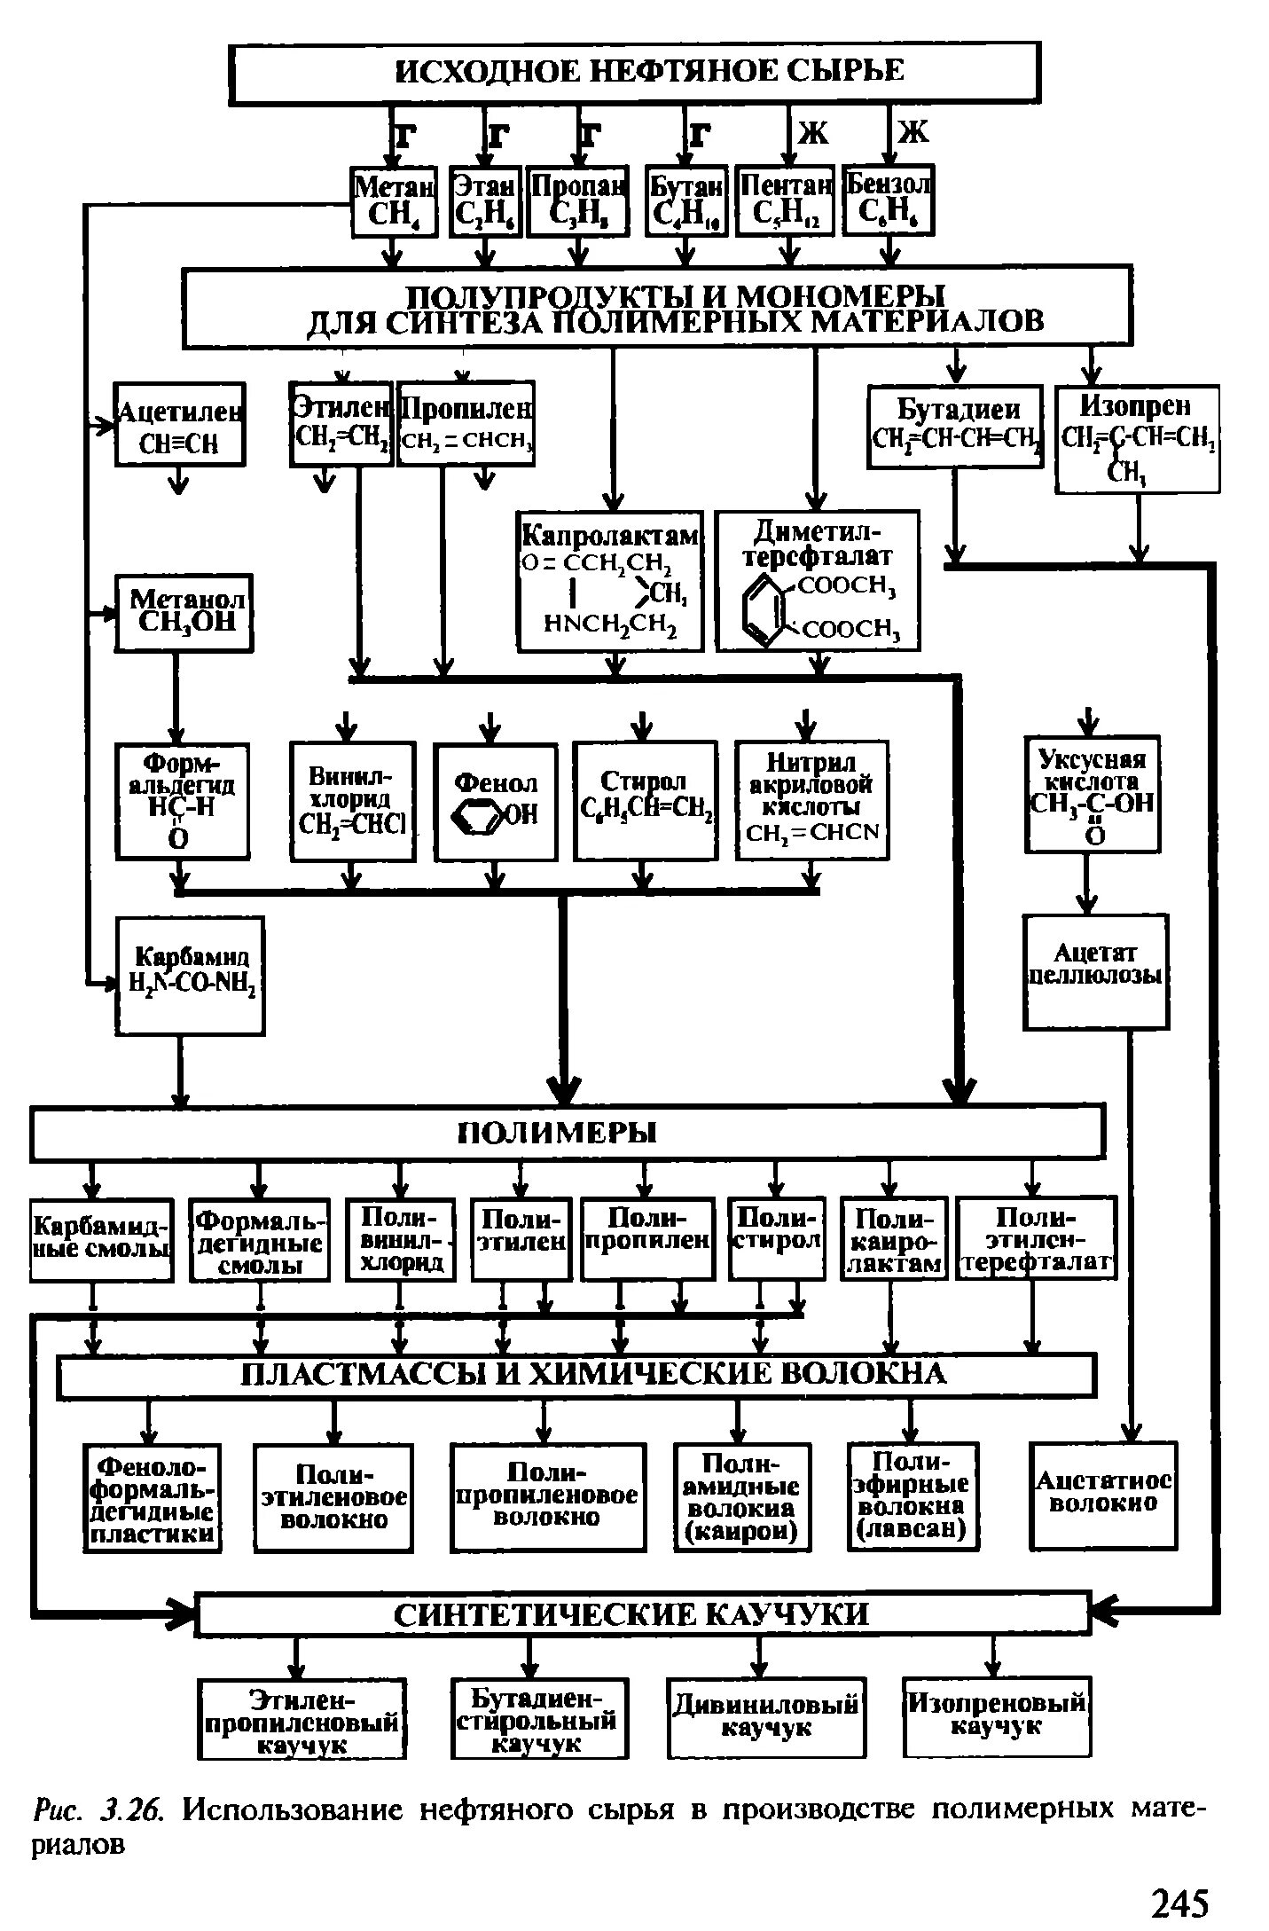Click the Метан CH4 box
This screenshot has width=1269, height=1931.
click(395, 201)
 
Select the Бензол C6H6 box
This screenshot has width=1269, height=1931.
click(888, 201)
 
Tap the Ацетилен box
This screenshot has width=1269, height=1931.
click(180, 424)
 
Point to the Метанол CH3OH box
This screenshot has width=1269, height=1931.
click(184, 612)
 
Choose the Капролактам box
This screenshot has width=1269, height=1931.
click(610, 581)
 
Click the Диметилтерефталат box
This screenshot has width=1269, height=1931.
click(818, 581)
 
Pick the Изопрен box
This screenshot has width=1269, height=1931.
click(1137, 438)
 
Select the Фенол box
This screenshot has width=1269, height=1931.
click(496, 801)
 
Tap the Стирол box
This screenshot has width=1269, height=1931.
click(645, 801)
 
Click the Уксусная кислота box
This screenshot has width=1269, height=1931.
click(1092, 794)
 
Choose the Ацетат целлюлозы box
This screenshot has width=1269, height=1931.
click(1095, 972)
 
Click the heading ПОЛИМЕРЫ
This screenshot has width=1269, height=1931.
click(568, 1133)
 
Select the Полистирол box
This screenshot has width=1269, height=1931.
click(777, 1238)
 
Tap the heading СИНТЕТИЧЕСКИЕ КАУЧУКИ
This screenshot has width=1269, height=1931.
click(641, 1613)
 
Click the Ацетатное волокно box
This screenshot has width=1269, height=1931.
click(1104, 1495)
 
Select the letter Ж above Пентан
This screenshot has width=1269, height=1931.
click(812, 133)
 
